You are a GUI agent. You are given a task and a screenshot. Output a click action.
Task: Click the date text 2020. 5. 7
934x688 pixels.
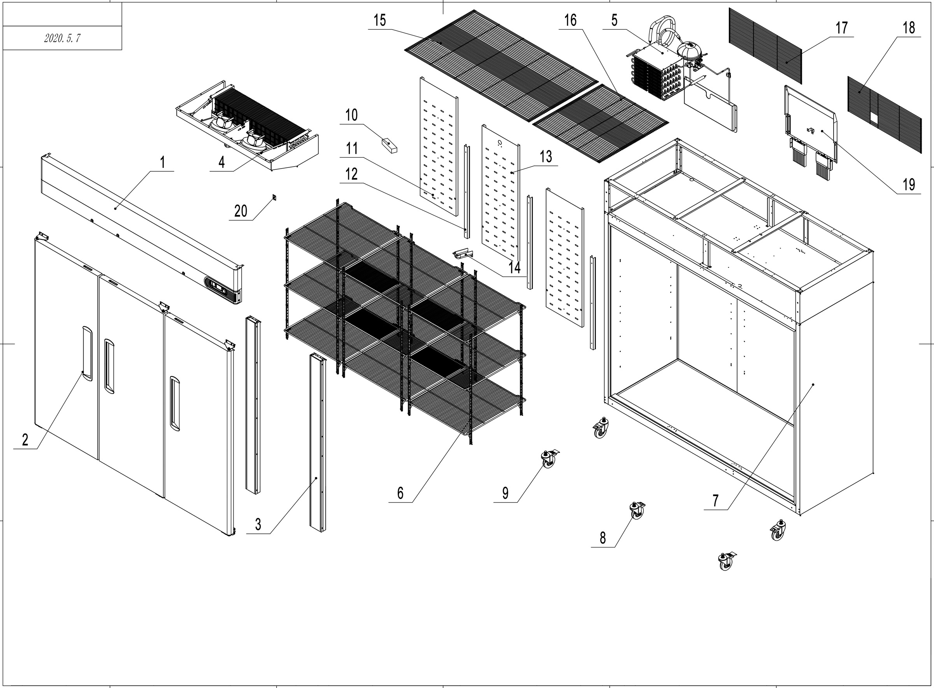pyautogui.click(x=62, y=38)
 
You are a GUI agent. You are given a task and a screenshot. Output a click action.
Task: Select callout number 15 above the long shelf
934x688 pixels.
pyautogui.click(x=379, y=20)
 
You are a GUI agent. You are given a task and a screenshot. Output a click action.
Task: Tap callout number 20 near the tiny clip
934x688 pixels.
pyautogui.click(x=241, y=211)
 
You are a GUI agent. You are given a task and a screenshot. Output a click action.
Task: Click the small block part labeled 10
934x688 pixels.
pyautogui.click(x=389, y=145)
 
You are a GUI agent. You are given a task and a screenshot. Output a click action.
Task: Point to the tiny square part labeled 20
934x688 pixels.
pyautogui.click(x=274, y=197)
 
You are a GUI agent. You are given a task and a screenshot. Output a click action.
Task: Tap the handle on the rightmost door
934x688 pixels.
pyautogui.click(x=175, y=403)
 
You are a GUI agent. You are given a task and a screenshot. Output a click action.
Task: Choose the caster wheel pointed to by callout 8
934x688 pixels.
pyautogui.click(x=637, y=510)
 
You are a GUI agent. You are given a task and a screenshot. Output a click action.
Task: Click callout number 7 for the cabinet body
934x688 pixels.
pyautogui.click(x=716, y=500)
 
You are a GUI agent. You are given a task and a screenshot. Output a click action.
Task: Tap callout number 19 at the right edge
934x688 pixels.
pyautogui.click(x=909, y=184)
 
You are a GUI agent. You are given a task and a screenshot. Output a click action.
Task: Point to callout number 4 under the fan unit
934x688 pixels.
pyautogui.click(x=221, y=162)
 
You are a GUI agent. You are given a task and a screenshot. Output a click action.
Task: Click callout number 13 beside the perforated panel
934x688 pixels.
pyautogui.click(x=546, y=157)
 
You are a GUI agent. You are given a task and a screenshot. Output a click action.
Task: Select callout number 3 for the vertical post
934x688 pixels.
pyautogui.click(x=258, y=524)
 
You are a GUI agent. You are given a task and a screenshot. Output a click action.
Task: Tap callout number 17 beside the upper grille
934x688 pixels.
pyautogui.click(x=841, y=28)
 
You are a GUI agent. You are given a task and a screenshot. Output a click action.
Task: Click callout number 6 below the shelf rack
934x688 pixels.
pyautogui.click(x=400, y=493)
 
